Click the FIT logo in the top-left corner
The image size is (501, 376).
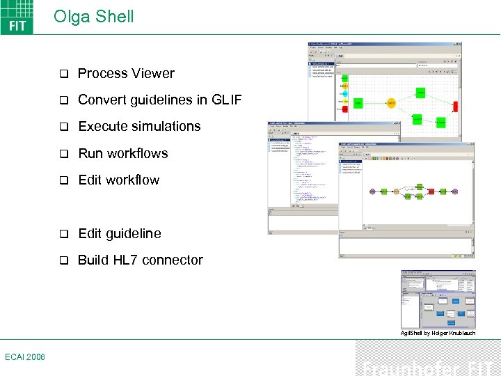17,17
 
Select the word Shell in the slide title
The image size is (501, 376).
114,17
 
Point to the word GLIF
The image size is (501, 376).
225,100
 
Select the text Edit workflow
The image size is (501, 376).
118,180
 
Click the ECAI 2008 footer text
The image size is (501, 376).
24,357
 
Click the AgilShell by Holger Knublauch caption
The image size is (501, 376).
438,333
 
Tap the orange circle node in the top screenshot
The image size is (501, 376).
391,103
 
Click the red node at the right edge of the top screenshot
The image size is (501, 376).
456,106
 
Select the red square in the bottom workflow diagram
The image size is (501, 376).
432,191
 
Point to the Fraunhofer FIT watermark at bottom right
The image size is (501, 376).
428,366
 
